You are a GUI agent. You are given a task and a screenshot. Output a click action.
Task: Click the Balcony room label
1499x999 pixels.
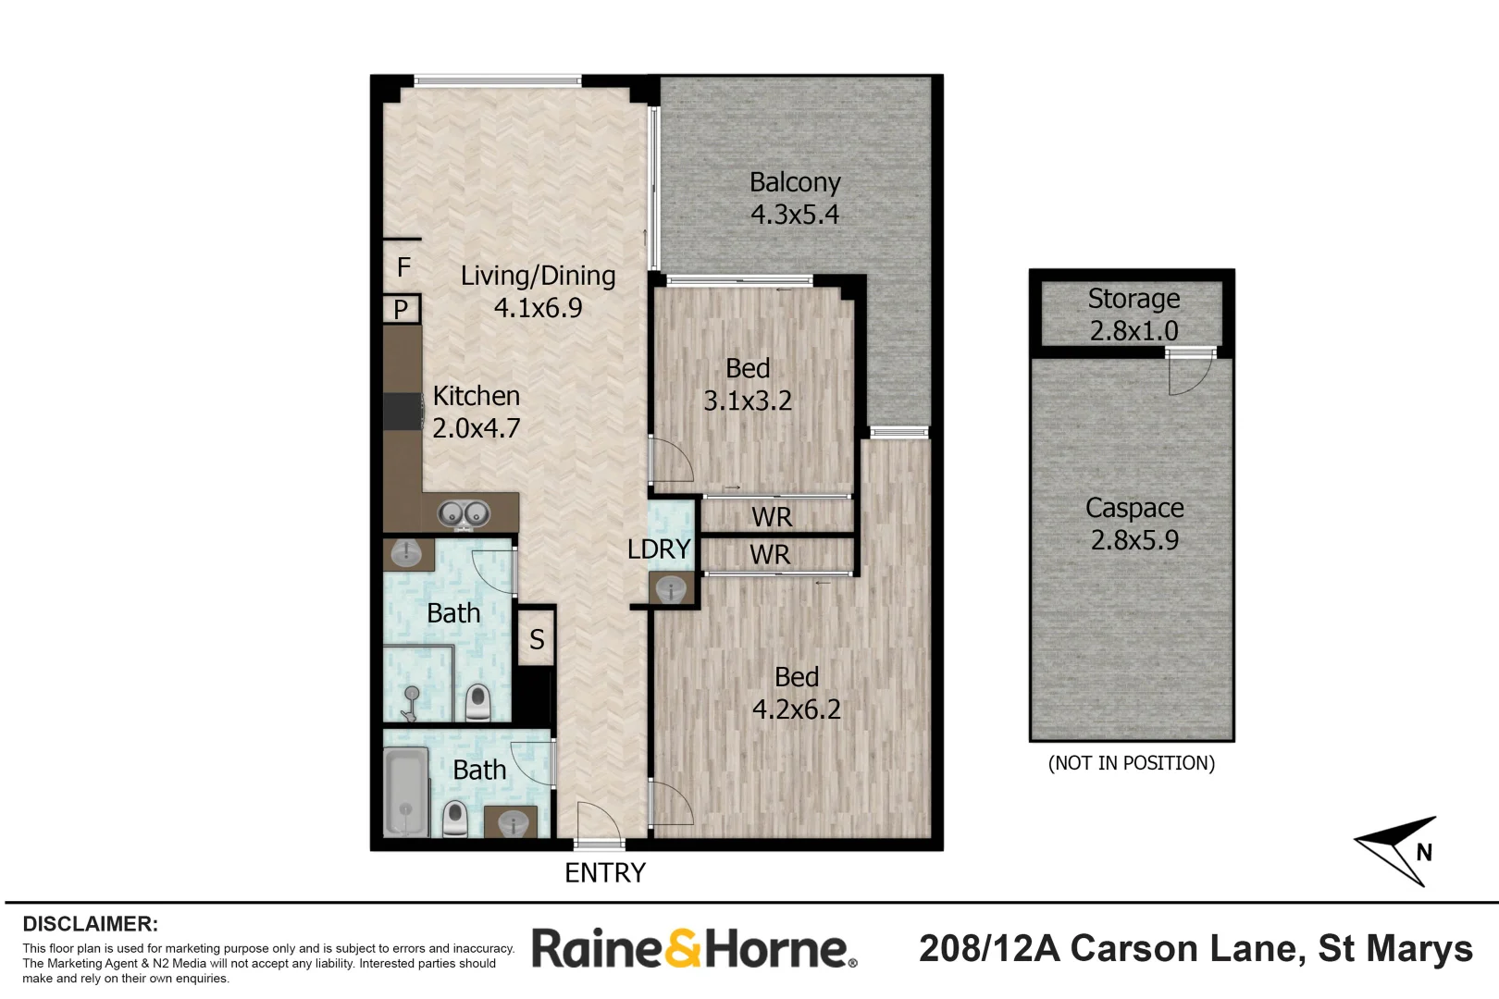(795, 182)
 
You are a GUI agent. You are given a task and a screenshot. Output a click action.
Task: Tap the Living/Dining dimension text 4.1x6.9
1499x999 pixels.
(538, 308)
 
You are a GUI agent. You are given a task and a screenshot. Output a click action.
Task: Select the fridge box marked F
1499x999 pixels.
(403, 267)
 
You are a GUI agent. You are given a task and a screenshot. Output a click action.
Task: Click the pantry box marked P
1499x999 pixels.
(402, 309)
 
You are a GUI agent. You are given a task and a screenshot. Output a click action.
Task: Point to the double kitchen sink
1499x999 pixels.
(464, 513)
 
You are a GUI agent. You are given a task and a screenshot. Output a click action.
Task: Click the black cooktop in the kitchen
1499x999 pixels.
(403, 412)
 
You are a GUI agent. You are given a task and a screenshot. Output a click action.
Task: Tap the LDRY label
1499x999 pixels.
(659, 549)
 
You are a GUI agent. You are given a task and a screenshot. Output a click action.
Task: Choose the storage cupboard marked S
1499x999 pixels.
(537, 639)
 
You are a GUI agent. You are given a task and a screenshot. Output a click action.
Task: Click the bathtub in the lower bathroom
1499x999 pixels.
(406, 792)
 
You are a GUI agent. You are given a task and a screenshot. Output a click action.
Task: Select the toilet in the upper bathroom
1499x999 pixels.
(477, 703)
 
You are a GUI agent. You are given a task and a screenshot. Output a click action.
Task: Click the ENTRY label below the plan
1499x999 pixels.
(605, 873)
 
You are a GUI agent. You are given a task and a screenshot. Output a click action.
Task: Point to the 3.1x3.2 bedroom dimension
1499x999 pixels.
(748, 401)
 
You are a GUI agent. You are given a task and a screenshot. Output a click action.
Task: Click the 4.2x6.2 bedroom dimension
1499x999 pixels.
(796, 709)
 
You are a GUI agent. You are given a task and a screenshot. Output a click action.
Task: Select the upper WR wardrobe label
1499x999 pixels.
(772, 517)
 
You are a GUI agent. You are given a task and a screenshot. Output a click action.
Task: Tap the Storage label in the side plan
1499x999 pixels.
(1134, 299)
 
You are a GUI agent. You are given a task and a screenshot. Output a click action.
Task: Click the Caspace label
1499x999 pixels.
(1134, 508)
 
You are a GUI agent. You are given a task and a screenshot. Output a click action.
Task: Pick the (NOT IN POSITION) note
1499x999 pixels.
(1131, 763)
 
